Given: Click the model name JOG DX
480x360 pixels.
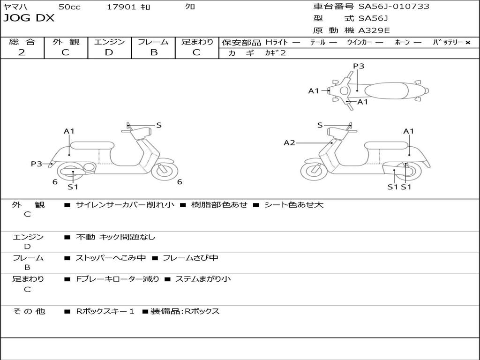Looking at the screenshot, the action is click(x=29, y=19).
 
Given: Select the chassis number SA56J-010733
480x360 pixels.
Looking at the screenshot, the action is click(x=394, y=7).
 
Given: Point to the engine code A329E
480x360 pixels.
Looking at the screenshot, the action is click(x=374, y=31).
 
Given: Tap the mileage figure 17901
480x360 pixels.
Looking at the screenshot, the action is click(x=121, y=7).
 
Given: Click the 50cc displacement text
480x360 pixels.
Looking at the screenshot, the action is click(x=69, y=7).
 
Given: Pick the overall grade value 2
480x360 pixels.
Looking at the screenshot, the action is click(x=22, y=52).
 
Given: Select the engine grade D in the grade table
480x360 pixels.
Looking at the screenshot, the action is click(x=109, y=52).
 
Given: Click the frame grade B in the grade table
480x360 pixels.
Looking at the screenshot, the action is click(x=153, y=52).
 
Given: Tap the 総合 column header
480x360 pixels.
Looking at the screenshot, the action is click(x=22, y=42).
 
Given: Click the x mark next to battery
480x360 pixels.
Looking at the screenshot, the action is click(x=467, y=42).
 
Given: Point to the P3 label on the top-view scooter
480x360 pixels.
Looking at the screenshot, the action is click(x=359, y=66).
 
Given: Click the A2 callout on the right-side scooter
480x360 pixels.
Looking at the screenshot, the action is click(x=290, y=142).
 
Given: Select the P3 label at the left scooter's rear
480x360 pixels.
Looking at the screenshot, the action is click(x=37, y=164).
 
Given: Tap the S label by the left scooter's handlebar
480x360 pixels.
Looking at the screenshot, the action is click(x=159, y=125).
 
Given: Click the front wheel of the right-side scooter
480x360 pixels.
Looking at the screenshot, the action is click(x=313, y=171).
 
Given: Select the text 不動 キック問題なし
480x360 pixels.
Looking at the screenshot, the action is click(x=115, y=237).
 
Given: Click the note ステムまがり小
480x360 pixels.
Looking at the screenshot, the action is click(x=202, y=279).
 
